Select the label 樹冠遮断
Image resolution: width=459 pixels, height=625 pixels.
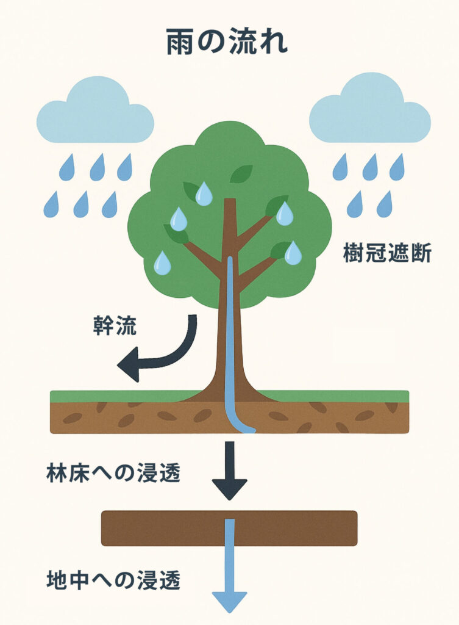[x=388, y=253]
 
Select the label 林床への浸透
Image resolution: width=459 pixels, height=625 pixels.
[x=113, y=474]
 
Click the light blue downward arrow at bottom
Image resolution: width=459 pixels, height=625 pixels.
[x=230, y=574]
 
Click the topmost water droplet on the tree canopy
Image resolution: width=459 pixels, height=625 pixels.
[x=204, y=193]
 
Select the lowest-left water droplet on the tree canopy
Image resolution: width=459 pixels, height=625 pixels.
[x=162, y=262]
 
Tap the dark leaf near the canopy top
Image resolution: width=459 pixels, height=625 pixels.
[x=241, y=175]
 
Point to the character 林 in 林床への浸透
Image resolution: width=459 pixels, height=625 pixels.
[x=57, y=474]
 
